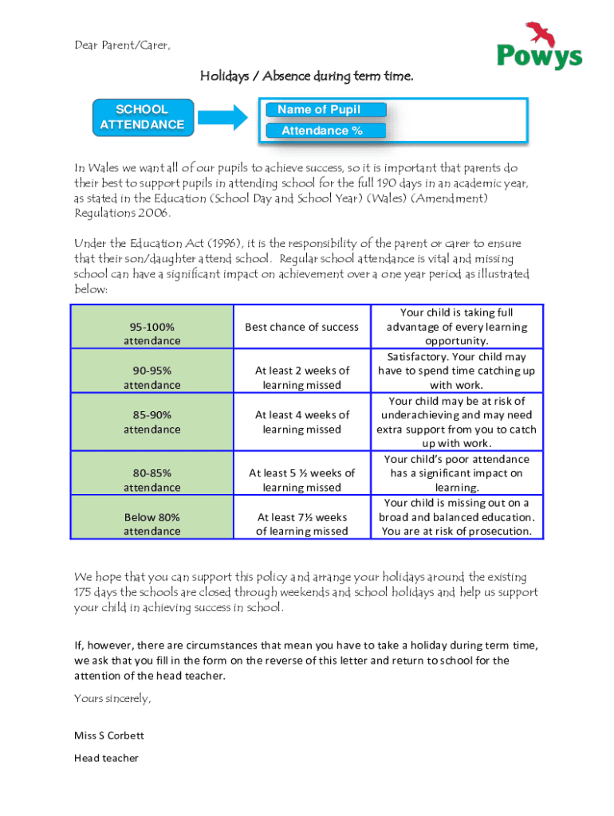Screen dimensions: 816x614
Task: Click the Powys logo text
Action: [539, 57]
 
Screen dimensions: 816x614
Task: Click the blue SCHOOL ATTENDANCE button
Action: [142, 116]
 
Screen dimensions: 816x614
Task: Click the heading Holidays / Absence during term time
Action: [306, 76]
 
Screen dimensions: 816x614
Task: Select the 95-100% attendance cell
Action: [152, 334]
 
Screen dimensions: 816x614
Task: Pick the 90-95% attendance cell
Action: [152, 378]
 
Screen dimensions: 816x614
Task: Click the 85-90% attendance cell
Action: [152, 422]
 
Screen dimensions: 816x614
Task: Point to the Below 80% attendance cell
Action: [152, 524]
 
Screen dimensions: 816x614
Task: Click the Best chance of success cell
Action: [301, 327]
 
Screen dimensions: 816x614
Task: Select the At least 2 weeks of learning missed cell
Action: [301, 378]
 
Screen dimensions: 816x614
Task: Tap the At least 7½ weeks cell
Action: [301, 524]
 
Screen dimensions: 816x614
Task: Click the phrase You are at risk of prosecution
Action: [456, 532]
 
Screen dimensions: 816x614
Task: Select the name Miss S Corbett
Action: [109, 736]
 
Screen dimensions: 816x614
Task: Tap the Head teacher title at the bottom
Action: [106, 758]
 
